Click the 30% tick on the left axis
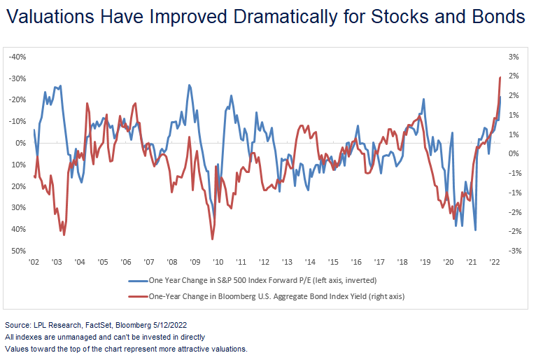(x=18, y=207)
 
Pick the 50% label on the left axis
(x=18, y=251)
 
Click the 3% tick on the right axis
(x=514, y=56)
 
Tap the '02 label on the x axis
(x=34, y=261)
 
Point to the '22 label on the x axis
(x=494, y=261)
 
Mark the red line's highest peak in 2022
(x=500, y=77)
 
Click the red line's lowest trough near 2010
(x=211, y=239)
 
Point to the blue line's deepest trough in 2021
(x=476, y=230)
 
